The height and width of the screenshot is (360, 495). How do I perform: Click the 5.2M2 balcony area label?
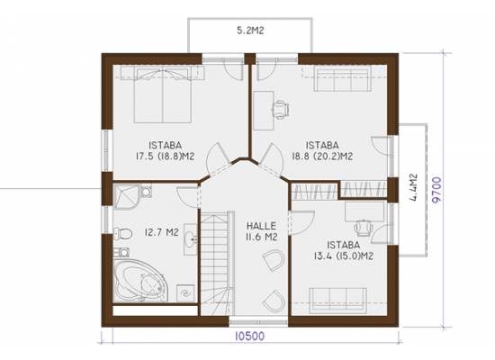tap(250, 31)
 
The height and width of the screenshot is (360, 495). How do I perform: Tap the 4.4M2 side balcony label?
tap(413, 187)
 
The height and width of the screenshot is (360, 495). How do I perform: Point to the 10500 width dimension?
tap(250, 336)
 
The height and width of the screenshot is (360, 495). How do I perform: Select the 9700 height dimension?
tap(436, 190)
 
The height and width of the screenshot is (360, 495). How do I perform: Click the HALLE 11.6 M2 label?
tap(262, 231)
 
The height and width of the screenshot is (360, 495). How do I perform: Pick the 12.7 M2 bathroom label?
tap(162, 232)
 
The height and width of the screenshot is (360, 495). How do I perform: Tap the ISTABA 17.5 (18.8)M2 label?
tap(165, 150)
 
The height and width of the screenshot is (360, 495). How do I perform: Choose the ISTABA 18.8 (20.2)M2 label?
tap(322, 150)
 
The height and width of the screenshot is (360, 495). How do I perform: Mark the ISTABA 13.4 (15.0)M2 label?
tap(344, 250)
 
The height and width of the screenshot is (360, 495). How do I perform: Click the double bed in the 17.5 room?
tap(163, 95)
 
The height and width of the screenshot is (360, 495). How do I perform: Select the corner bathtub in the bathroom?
tap(140, 281)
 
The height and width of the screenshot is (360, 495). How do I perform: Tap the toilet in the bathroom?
tap(122, 234)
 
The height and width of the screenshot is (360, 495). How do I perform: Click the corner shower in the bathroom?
tap(127, 197)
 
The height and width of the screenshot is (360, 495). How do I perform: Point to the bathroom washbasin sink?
tap(191, 239)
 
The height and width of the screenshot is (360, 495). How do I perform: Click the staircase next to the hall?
tap(217, 263)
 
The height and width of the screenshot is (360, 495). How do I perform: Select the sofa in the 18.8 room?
tap(342, 80)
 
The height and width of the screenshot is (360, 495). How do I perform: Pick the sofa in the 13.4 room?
tap(338, 301)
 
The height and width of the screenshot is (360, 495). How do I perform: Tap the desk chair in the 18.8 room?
tap(281, 109)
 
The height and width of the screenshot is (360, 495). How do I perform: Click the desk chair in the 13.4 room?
tap(364, 228)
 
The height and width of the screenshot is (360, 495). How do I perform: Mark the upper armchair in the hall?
tap(274, 260)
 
